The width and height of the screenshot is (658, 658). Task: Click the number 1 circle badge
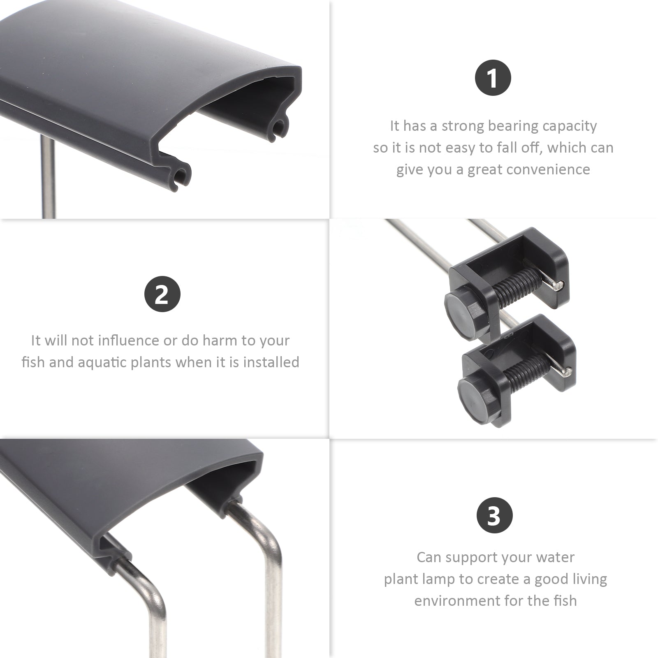click(x=493, y=78)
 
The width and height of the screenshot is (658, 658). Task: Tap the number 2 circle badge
click(x=162, y=294)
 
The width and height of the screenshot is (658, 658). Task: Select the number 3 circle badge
click(x=494, y=515)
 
